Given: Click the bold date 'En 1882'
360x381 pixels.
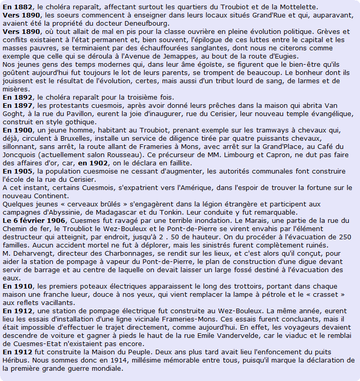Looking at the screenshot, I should point(17,7).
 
